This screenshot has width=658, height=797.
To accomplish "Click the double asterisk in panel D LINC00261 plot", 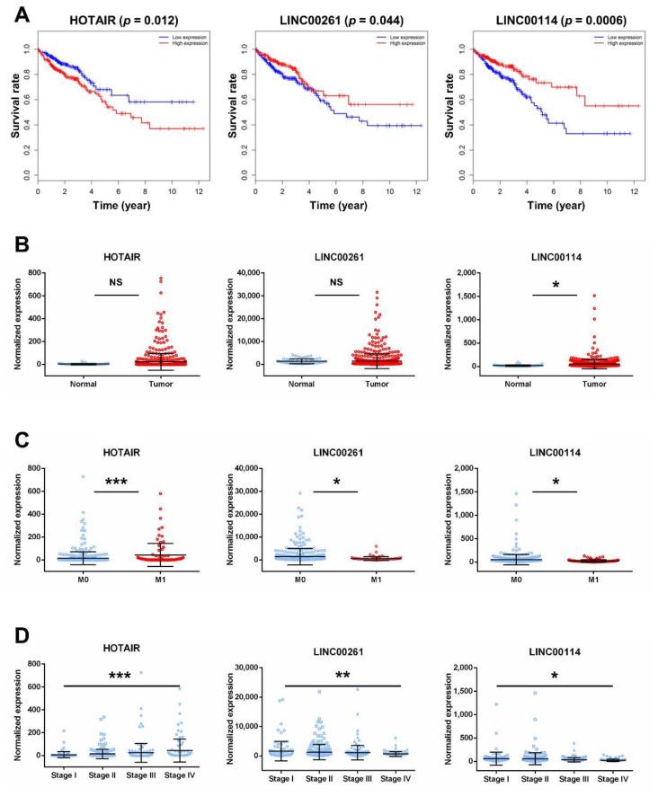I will (x=341, y=674).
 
